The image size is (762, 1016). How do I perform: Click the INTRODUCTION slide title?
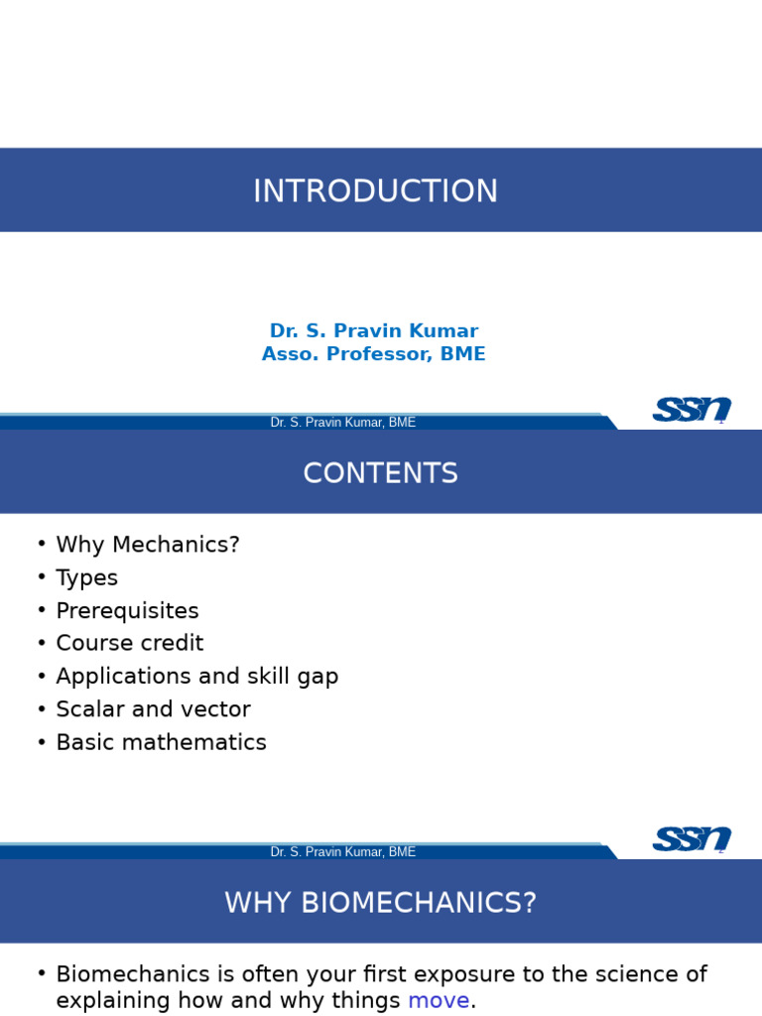[375, 190]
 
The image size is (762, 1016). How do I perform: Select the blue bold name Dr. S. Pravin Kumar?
[374, 330]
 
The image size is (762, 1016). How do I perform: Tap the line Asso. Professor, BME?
[374, 354]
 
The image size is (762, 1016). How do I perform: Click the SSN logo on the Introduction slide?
[692, 409]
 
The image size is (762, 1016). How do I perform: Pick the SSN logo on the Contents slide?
[692, 838]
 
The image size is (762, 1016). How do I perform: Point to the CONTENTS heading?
[380, 473]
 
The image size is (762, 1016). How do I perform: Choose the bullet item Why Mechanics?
[148, 545]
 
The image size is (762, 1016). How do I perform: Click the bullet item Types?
[87, 577]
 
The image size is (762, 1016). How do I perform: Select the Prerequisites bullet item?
[127, 610]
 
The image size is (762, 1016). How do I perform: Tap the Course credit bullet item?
[130, 643]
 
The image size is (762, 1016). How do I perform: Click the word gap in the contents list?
[317, 677]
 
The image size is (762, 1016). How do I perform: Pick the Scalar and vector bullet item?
[153, 708]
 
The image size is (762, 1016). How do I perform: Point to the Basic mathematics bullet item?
[161, 742]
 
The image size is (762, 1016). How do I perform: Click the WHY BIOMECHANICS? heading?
[380, 903]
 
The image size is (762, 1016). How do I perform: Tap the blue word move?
[439, 1000]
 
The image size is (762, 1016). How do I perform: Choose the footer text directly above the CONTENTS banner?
[342, 422]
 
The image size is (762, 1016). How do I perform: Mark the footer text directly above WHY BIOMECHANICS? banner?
[342, 851]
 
